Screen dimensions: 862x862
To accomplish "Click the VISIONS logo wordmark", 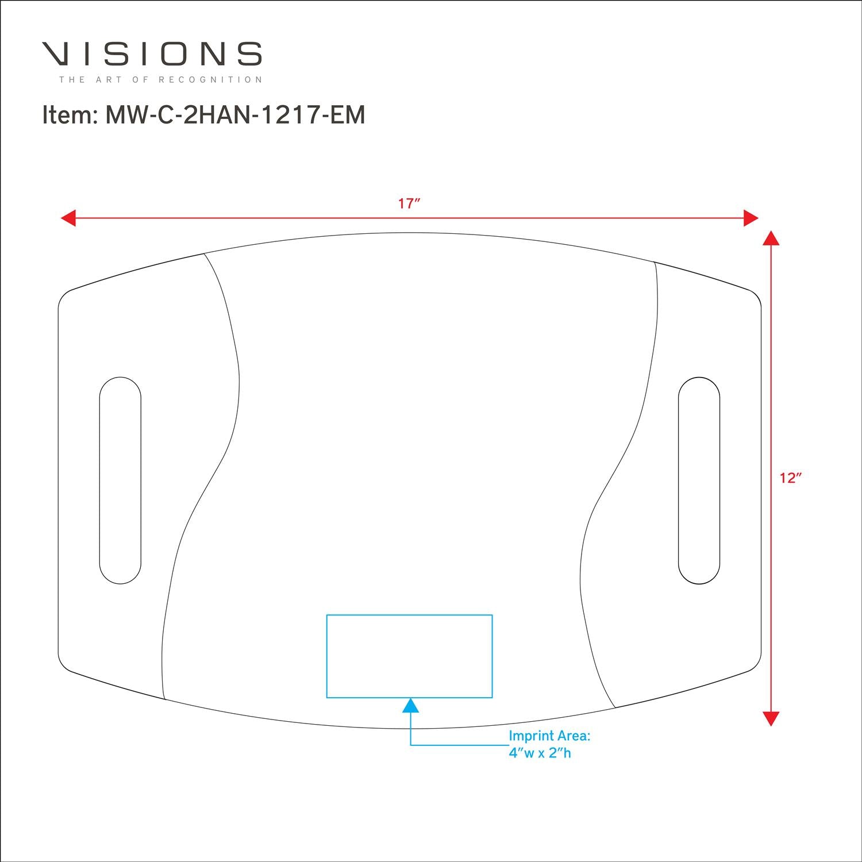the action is [152, 53].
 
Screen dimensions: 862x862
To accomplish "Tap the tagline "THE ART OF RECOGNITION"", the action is [161, 79].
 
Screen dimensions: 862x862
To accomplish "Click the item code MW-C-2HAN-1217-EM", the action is [235, 115].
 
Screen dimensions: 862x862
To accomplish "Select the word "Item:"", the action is [69, 115].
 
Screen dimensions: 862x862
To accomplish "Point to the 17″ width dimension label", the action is [410, 203].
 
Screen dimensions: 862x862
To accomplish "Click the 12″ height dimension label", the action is [791, 478].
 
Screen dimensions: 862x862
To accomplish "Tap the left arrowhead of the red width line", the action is [68, 218].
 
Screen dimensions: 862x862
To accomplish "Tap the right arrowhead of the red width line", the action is [751, 218].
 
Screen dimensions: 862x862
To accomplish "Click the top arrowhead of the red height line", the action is [771, 238].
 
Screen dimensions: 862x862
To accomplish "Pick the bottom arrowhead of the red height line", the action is [771, 718].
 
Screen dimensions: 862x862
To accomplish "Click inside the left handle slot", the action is [120, 480].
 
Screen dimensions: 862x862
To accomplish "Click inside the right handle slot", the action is [699, 480].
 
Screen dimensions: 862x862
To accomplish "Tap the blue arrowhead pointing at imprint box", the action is [410, 705].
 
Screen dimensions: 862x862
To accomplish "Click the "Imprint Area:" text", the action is [549, 736].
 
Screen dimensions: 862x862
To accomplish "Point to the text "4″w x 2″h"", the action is [540, 753].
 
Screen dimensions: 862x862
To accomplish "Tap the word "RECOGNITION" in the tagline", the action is [210, 79].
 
